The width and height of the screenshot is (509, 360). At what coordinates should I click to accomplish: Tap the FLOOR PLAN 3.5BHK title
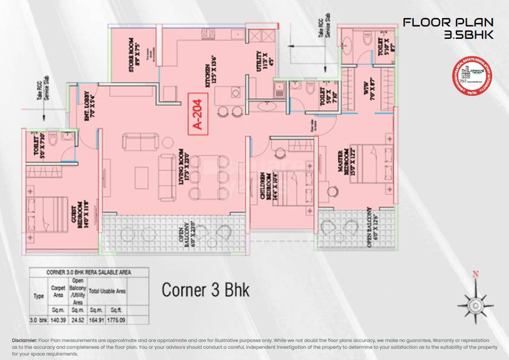448,29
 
